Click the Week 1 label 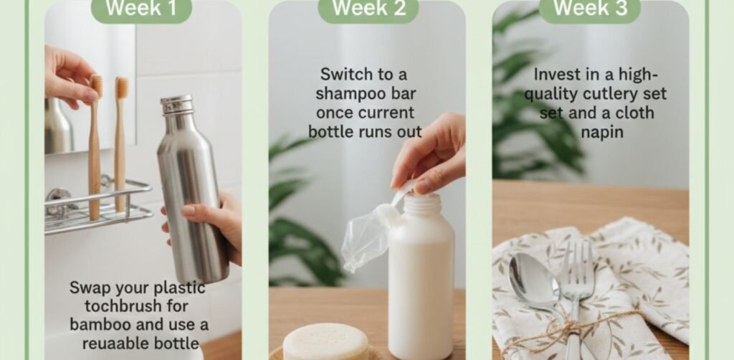[141, 9]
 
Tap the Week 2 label [368, 9]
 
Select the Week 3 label [590, 9]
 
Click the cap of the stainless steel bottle [176, 105]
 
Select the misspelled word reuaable [113, 344]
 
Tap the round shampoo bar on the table [325, 342]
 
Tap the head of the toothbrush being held [97, 86]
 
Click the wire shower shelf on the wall [98, 206]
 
